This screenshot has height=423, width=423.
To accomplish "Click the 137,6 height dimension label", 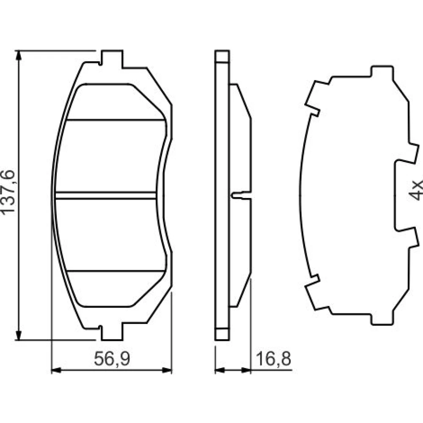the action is (8, 192).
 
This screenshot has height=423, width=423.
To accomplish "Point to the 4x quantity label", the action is (416, 190).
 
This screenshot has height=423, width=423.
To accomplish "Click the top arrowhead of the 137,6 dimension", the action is (18, 55).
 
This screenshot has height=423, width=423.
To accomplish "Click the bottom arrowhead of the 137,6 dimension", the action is (18, 335).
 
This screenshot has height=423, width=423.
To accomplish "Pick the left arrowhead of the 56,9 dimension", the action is (56, 371).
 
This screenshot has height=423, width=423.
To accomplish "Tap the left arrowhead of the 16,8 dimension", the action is (220, 371).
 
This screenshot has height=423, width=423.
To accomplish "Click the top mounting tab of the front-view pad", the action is (112, 58).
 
